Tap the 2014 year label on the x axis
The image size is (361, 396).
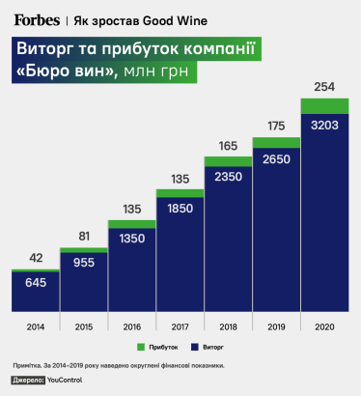pos(36,326)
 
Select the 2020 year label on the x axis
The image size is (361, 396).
pos(325,326)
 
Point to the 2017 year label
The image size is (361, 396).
pos(180,326)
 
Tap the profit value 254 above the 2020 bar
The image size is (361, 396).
pos(325,88)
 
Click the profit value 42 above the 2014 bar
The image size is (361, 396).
pos(36,258)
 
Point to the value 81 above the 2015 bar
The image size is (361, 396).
pos(84,237)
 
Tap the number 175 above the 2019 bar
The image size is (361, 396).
pos(277,126)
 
